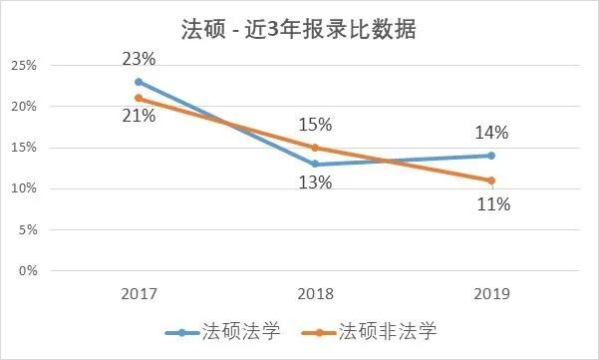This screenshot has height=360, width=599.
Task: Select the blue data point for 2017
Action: pos(139,82)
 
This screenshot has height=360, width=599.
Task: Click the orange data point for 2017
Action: pos(139,98)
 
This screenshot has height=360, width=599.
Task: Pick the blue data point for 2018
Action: pos(315,164)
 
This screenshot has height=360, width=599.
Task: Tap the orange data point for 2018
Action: pos(315,148)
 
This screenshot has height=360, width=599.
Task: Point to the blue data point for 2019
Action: pos(491,156)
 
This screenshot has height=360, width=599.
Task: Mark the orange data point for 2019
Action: pos(491,180)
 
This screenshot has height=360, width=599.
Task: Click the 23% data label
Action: pos(139,59)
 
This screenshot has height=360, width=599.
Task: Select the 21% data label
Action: pos(139,117)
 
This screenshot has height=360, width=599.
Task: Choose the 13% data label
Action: pos(315,183)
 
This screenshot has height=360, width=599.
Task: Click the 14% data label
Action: pos(491,133)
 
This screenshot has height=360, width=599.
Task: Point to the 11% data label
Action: pos(491,204)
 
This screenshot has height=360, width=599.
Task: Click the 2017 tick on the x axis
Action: pos(139,294)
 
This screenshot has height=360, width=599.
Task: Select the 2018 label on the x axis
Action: pos(315,294)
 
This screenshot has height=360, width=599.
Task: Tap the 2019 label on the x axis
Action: pos(491,294)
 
